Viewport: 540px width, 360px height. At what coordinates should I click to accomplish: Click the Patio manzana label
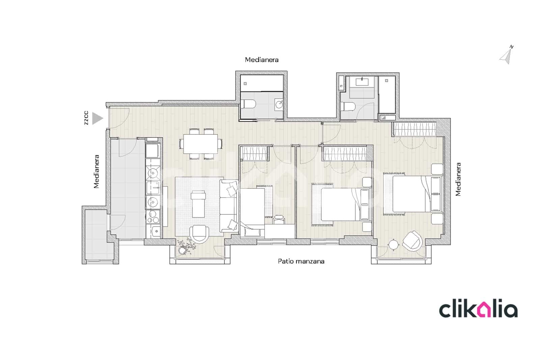(x=301, y=261)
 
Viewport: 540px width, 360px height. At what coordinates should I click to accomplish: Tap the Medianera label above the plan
(x=262, y=60)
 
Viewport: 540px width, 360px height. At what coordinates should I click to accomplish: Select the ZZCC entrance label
(x=86, y=118)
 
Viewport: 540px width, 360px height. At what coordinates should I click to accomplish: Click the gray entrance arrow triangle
(x=97, y=118)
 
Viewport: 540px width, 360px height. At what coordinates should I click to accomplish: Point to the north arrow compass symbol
(x=506, y=56)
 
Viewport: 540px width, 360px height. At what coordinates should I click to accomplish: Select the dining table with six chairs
(x=201, y=144)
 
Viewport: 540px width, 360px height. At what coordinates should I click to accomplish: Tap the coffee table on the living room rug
(x=198, y=204)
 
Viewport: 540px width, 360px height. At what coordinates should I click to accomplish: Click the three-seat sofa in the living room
(x=228, y=206)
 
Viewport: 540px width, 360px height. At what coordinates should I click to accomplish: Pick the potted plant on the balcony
(x=184, y=248)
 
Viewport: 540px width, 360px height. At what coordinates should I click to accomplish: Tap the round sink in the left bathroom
(x=279, y=104)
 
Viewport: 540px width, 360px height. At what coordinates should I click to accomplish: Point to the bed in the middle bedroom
(x=341, y=204)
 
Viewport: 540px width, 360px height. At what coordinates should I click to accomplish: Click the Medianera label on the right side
(x=458, y=179)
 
